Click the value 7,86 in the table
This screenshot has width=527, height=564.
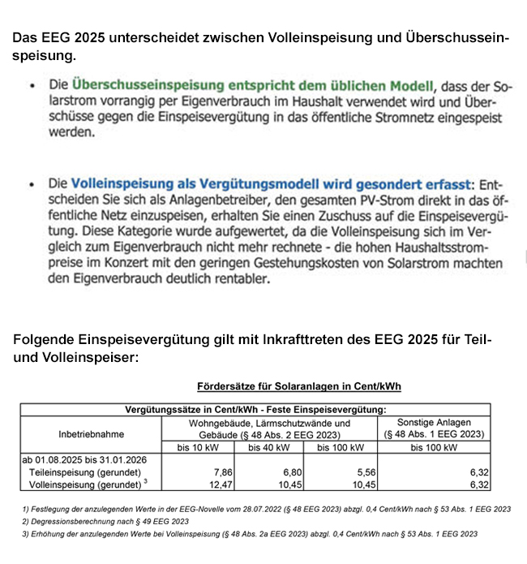click(x=222, y=471)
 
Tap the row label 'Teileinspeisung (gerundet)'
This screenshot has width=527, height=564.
click(x=85, y=471)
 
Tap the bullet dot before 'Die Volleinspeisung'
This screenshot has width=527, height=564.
click(x=32, y=186)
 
